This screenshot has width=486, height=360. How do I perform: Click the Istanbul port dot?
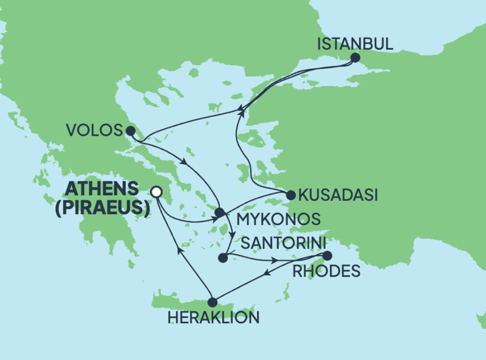click(356, 58)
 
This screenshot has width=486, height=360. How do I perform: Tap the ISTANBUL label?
click(356, 44)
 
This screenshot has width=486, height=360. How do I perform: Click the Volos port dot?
click(129, 130)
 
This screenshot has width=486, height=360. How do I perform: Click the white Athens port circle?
click(157, 192)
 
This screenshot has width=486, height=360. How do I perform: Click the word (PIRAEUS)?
click(106, 208)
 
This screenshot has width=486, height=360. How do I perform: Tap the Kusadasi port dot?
click(290, 195)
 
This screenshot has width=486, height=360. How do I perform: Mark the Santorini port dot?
click(222, 258)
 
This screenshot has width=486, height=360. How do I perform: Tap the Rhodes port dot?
click(327, 255)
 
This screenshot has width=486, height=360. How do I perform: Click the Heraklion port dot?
click(213, 302)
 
